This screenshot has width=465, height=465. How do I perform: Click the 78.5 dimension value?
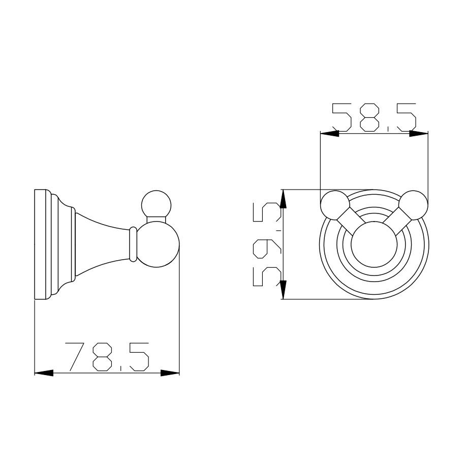click(x=107, y=357)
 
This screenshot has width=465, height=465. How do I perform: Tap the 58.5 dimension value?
click(x=374, y=117)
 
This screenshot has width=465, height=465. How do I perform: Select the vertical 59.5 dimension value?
click(x=267, y=244)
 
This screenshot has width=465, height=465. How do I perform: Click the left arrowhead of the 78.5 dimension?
click(x=44, y=373)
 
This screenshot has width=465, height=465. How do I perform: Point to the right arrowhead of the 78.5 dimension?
click(x=170, y=373)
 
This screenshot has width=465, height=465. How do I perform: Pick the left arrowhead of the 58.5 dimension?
click(x=329, y=134)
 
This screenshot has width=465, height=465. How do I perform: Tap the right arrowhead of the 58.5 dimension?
click(x=419, y=134)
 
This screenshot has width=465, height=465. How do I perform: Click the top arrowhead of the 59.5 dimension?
click(x=283, y=199)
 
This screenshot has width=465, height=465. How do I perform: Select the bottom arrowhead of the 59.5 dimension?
click(x=283, y=290)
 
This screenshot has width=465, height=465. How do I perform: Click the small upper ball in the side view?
click(x=157, y=204)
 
